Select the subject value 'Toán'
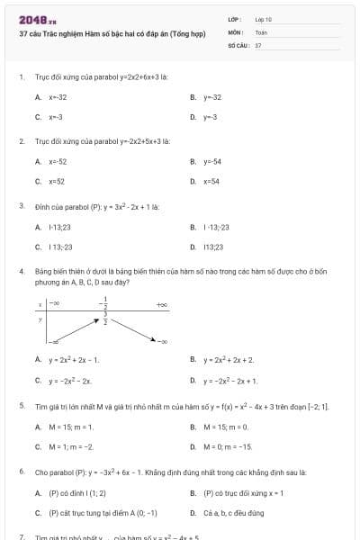(261, 31)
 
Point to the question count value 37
(258, 44)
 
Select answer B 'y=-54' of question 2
(212, 161)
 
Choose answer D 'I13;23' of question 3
(213, 246)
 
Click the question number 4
(21, 271)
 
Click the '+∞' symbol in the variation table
(162, 306)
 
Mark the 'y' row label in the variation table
(40, 319)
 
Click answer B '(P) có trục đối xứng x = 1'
(230, 492)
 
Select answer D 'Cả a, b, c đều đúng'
(233, 513)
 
